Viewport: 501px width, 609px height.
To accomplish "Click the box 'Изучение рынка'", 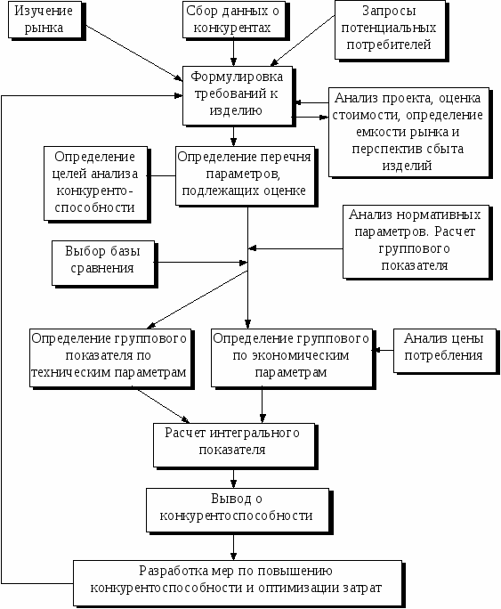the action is tap(45, 20).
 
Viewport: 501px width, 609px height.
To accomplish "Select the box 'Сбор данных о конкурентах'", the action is tap(234, 20).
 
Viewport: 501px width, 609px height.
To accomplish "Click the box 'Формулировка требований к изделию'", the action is tap(238, 95).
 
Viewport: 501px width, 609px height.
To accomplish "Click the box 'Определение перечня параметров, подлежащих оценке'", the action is tap(245, 175).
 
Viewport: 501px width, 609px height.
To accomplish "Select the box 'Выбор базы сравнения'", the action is tap(103, 264).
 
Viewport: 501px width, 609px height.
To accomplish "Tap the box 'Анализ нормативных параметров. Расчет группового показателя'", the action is tap(416, 241).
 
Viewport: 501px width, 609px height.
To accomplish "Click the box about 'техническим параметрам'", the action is tap(110, 358).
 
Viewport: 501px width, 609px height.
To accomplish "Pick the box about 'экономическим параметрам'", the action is tap(292, 358).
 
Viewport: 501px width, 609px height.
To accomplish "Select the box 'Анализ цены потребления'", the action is tap(445, 351).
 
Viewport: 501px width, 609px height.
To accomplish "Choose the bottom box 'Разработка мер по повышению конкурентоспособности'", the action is tap(238, 583).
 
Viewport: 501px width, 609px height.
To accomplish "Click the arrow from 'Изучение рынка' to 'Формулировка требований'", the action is tap(134, 53).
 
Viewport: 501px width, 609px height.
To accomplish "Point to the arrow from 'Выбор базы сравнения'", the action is tap(201, 263).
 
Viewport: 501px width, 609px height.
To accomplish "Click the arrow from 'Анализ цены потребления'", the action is tap(383, 350).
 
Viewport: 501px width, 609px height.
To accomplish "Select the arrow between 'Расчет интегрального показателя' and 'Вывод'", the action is tap(234, 478).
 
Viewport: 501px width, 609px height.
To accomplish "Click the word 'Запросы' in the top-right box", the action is tap(389, 11).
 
